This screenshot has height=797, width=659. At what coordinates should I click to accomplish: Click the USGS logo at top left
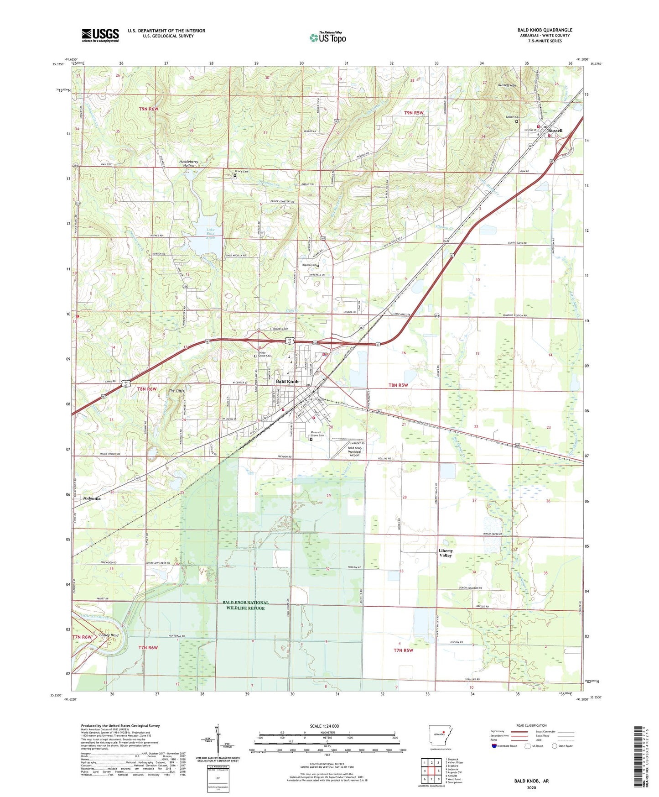(x=100, y=35)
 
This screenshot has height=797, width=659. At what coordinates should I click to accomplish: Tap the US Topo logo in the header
(x=327, y=37)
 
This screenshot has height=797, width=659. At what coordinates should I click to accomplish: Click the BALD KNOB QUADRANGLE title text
(x=545, y=30)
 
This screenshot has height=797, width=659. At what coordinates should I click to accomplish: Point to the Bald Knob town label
(x=287, y=381)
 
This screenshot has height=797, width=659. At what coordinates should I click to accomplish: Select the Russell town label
(x=555, y=131)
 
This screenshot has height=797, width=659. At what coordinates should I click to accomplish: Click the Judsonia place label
(x=92, y=498)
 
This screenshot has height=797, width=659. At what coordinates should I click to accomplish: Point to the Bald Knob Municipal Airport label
(x=354, y=451)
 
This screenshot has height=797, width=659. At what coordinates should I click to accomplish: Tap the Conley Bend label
(x=109, y=635)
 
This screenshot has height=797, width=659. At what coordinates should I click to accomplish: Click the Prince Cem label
(x=242, y=171)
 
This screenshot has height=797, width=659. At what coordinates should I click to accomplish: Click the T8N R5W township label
(x=398, y=385)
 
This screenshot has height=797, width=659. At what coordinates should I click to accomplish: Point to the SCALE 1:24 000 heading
(x=324, y=726)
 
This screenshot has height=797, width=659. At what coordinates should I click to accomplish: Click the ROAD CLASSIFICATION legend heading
(x=531, y=725)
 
